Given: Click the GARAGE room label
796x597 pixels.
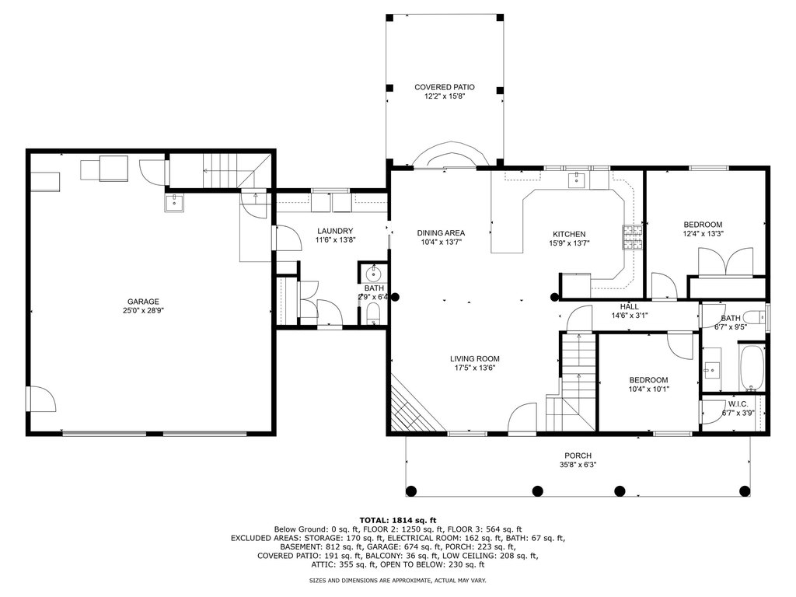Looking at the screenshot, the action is click(x=143, y=301).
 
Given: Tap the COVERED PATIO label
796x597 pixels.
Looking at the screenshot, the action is click(x=445, y=87).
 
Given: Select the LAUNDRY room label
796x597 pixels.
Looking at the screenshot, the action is click(x=334, y=231).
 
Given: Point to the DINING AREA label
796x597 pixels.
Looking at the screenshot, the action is click(x=442, y=233).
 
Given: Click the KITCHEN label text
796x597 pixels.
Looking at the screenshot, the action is click(x=569, y=234).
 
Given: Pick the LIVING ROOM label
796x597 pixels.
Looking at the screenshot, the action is click(x=475, y=359).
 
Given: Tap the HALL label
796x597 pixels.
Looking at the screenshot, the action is click(x=630, y=306).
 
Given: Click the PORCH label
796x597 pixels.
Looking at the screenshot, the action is click(x=578, y=456).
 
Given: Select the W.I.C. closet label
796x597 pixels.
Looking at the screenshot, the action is click(x=738, y=404).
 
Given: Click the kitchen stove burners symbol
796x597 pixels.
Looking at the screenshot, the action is click(x=633, y=238).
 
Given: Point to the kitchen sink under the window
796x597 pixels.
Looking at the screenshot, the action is click(x=578, y=180).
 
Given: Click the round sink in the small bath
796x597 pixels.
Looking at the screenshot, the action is click(x=373, y=275).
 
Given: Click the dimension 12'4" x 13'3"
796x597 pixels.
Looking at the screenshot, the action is click(x=703, y=234).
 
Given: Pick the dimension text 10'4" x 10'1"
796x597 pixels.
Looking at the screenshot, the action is click(x=649, y=389).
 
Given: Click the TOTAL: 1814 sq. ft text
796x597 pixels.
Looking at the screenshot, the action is click(x=398, y=520).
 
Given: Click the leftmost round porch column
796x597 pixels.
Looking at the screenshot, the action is click(x=412, y=491).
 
